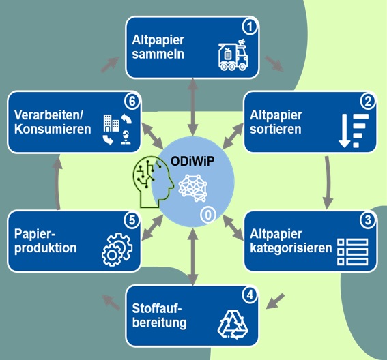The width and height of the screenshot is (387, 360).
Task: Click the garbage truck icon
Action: [x=233, y=55]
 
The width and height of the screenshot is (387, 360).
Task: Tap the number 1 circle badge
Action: [x=250, y=27]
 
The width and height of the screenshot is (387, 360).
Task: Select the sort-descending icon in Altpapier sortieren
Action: [x=354, y=131]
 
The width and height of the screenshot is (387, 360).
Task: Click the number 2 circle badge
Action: [x=368, y=101]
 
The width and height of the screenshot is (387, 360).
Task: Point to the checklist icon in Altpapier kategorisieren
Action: [x=353, y=252]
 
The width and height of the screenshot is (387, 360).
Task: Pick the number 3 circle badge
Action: [x=368, y=220]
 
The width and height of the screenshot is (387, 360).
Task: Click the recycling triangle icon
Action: [x=233, y=325]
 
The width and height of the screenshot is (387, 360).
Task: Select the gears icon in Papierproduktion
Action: [x=117, y=250]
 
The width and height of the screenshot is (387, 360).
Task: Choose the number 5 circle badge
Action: [x=132, y=220]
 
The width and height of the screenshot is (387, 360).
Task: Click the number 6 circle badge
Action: [x=132, y=101]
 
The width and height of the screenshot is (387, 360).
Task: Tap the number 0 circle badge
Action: [x=208, y=215]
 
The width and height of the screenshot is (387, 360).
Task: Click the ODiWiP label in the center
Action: [x=192, y=162]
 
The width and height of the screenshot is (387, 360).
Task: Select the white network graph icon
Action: [x=192, y=188]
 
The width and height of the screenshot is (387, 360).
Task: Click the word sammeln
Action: [x=158, y=54]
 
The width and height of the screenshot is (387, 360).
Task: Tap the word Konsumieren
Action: [x=53, y=129]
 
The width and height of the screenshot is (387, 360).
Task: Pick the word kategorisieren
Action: [x=291, y=248]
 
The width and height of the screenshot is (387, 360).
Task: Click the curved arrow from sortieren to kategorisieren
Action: [x=329, y=183]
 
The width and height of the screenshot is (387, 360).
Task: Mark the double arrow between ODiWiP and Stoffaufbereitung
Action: [x=192, y=256]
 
